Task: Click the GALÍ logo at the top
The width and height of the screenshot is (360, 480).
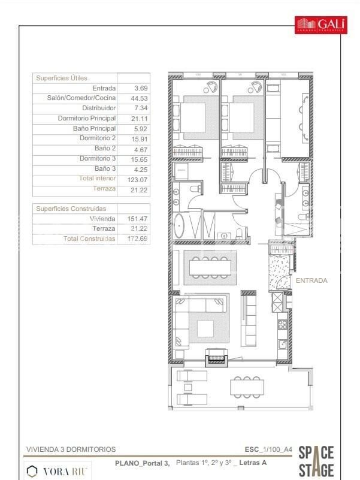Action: click(320, 24)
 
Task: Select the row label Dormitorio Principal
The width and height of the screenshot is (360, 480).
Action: click(87, 118)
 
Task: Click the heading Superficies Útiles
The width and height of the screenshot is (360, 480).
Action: click(62, 78)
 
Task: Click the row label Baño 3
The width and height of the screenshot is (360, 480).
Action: click(106, 169)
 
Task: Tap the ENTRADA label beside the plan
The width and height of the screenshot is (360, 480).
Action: click(312, 280)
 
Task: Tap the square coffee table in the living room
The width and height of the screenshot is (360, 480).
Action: click(206, 328)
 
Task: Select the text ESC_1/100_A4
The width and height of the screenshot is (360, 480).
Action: click(268, 449)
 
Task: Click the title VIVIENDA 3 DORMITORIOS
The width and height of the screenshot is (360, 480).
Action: click(71, 449)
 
